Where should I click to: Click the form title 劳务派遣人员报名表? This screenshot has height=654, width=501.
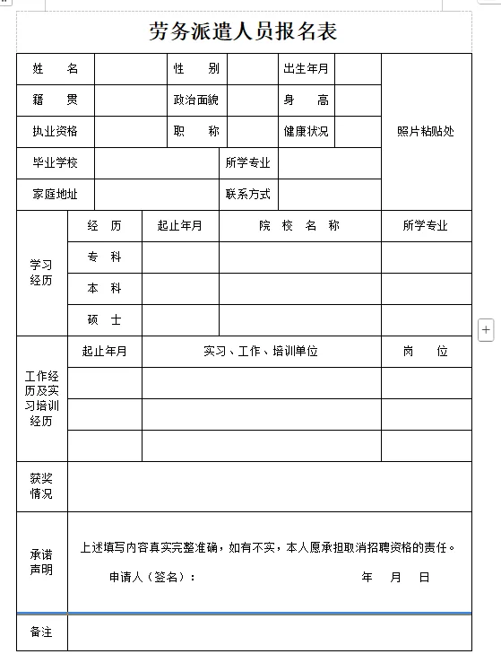click(243, 32)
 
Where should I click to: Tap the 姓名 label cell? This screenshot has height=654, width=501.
click(56, 69)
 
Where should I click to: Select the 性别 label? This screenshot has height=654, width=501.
click(196, 69)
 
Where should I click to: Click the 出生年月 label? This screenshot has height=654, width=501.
click(306, 69)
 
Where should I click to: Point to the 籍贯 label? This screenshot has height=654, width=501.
click(56, 100)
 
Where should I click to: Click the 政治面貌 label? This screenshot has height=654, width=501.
click(196, 100)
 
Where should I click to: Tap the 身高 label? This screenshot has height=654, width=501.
click(306, 100)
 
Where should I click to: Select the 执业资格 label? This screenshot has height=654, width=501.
click(56, 132)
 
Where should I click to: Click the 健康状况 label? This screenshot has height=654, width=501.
click(306, 132)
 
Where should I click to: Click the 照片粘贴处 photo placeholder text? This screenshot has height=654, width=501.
click(426, 132)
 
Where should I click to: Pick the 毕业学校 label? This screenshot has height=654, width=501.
click(56, 163)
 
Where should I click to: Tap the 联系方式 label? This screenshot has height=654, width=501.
click(248, 194)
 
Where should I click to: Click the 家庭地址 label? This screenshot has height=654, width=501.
click(56, 194)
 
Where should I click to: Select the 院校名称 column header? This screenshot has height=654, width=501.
click(299, 226)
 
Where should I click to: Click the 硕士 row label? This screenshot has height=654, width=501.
click(104, 320)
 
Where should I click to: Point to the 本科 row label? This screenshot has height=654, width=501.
click(104, 289)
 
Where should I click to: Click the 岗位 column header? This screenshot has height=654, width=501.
click(426, 352)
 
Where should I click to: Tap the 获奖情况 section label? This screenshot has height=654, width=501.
click(41, 486)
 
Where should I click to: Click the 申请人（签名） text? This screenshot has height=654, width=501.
click(152, 577)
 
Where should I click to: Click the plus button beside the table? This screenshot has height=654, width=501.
click(487, 330)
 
